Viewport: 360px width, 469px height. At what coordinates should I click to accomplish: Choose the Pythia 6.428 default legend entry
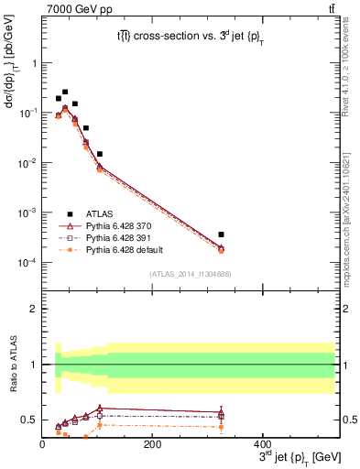[129, 249]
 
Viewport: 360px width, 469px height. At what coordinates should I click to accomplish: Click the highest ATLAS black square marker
[65, 92]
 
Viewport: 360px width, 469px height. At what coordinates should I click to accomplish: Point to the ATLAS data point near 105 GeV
[99, 154]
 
